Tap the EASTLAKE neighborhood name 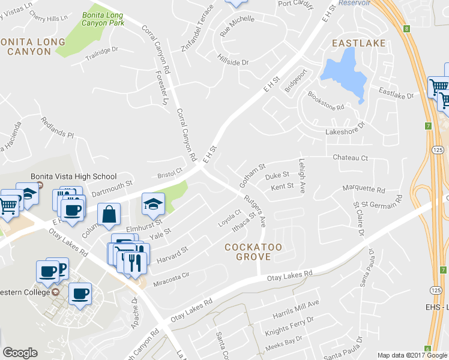click(359, 43)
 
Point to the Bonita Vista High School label click(73, 176)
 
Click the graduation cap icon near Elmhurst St click(153, 205)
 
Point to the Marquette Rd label click(363, 189)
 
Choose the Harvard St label click(172, 254)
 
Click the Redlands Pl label click(57, 127)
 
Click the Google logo click(19, 352)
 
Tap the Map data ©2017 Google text click(412, 355)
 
